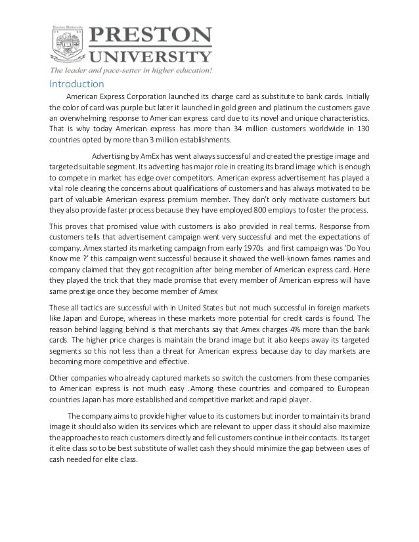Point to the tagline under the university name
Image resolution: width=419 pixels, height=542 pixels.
tap(131, 70)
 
